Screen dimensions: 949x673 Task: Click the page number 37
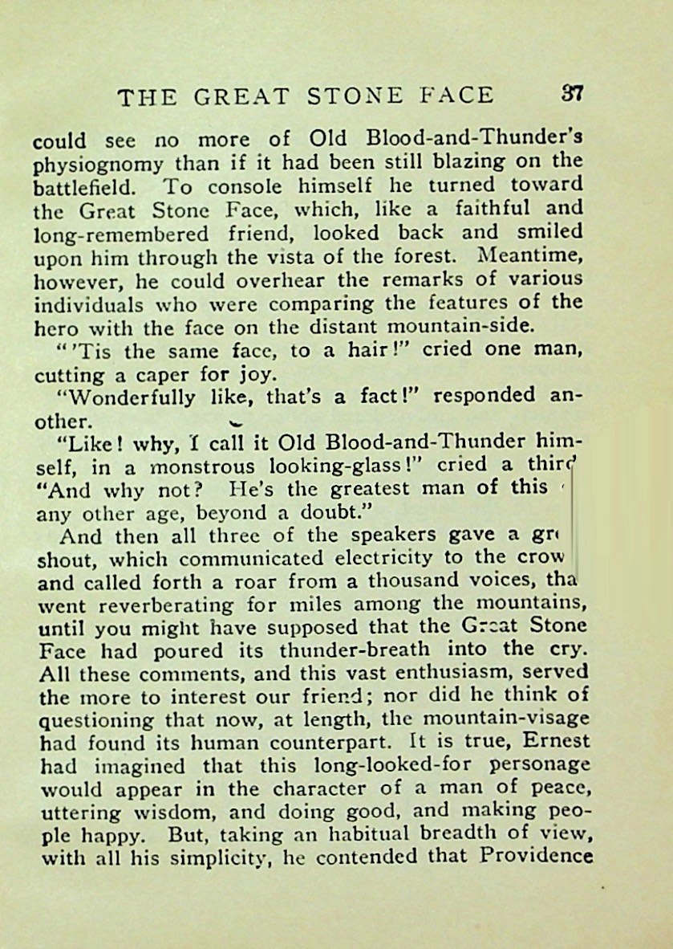click(571, 94)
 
